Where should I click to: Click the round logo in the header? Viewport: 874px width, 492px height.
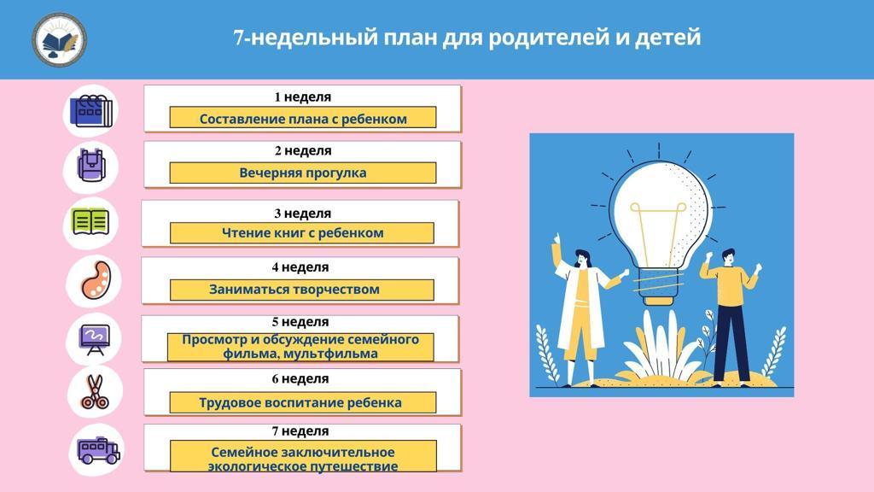(x=59, y=39)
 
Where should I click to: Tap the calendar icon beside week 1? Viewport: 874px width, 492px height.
(x=90, y=111)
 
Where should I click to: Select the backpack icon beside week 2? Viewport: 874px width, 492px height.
(x=90, y=166)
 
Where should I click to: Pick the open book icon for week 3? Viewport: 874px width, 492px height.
(x=90, y=222)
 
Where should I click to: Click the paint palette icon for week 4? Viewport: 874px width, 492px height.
(x=96, y=280)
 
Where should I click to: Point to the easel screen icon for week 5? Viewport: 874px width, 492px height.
(x=95, y=339)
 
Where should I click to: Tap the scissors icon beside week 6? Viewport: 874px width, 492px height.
(x=95, y=392)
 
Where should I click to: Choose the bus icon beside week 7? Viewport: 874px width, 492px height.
(x=98, y=450)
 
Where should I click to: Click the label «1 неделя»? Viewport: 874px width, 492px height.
(x=303, y=97)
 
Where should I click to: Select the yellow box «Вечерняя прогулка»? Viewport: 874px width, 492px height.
(x=303, y=173)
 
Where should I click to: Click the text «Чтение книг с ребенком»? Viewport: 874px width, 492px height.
(x=303, y=232)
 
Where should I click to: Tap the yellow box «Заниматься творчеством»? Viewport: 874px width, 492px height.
(x=301, y=290)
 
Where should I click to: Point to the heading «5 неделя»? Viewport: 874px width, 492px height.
(x=300, y=322)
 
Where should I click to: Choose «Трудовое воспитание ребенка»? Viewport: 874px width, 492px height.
(x=300, y=403)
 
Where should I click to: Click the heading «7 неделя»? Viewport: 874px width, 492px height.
(x=300, y=431)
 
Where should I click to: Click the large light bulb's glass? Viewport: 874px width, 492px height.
(x=659, y=214)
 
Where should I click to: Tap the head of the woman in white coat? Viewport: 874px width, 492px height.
(x=581, y=258)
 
